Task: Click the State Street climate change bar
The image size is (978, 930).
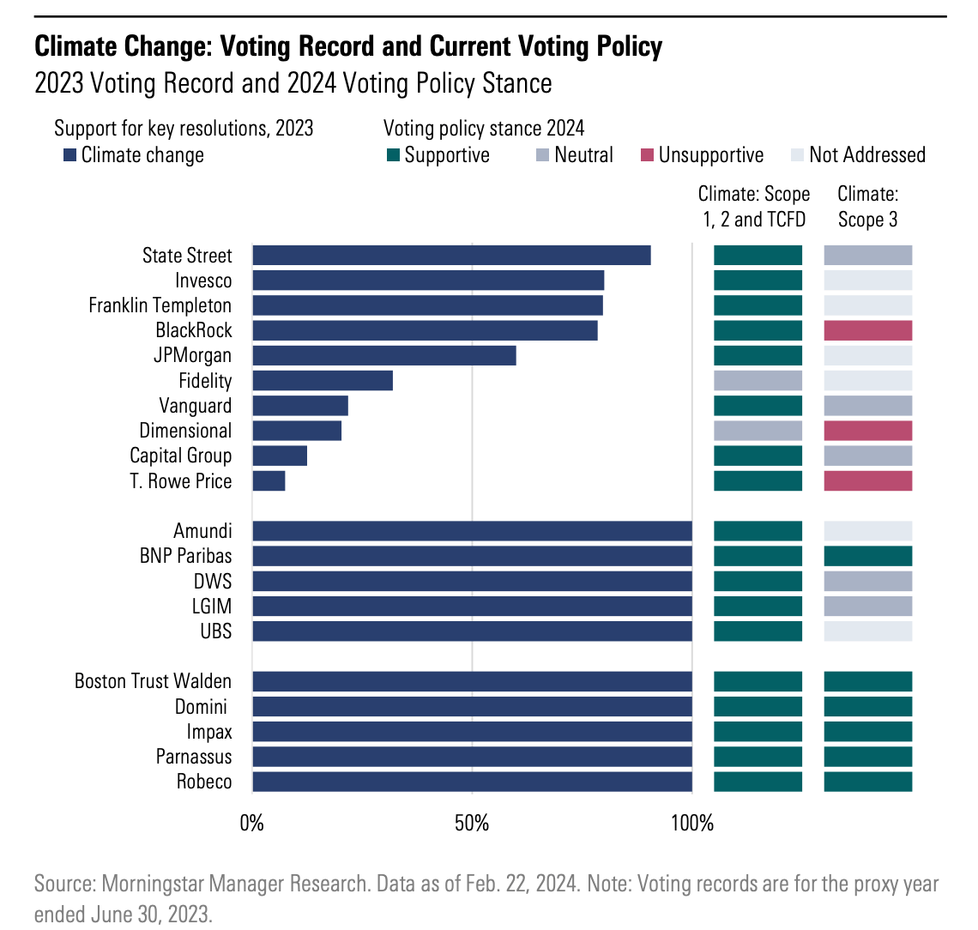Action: pos(451,256)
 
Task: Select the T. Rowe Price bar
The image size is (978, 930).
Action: pos(269,481)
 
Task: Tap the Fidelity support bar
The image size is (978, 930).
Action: pos(323,381)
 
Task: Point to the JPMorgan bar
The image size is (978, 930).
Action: pos(384,355)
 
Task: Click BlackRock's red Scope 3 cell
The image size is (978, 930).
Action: pos(867,331)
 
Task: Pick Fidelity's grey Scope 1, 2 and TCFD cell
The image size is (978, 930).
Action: pos(758,381)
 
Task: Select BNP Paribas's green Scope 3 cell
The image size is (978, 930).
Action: pos(867,556)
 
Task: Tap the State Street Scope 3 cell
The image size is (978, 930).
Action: pos(867,256)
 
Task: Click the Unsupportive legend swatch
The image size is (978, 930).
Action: pos(647,155)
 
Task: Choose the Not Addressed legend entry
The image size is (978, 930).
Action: pos(866,155)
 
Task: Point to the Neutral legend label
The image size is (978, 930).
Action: pos(583,155)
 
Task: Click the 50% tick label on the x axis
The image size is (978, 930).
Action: pos(472,824)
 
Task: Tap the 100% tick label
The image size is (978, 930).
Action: pos(691,824)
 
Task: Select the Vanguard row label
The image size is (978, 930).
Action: pos(195,406)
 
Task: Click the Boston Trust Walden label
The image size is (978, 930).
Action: pos(153,681)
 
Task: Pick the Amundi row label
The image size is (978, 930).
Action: pos(202,531)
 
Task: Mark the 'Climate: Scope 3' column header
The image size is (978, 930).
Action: pos(867,207)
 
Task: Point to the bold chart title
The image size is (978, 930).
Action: pos(348,45)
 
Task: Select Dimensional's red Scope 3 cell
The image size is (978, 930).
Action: pos(867,431)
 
